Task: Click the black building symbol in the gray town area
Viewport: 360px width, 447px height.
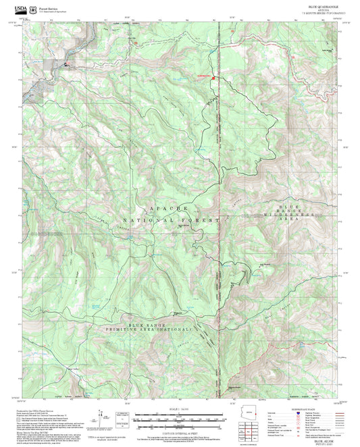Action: [67, 64]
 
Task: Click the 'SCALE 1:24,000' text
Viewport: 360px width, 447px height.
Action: [180, 409]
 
